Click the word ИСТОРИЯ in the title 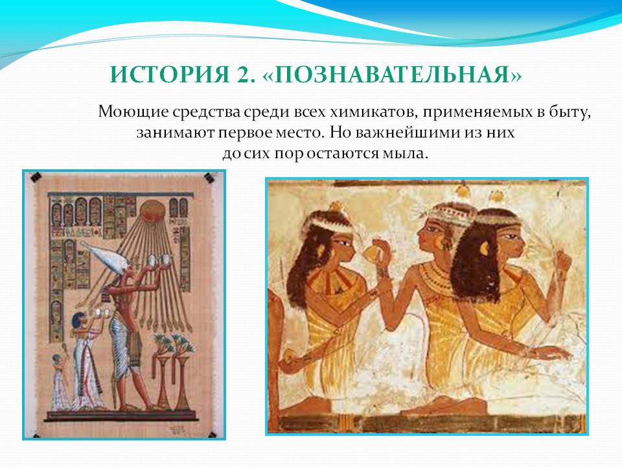tap(170, 74)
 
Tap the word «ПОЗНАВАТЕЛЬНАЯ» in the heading tap(392, 74)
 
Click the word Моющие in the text tap(133, 112)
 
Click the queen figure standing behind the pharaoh tap(86, 361)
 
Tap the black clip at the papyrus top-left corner tap(36, 176)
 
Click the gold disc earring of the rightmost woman tap(485, 248)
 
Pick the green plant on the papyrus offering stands tap(174, 344)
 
